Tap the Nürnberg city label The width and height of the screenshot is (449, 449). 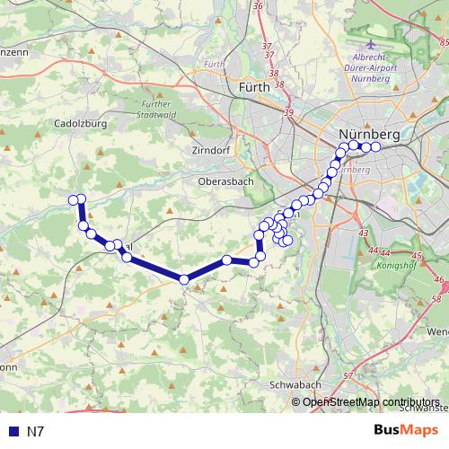368,135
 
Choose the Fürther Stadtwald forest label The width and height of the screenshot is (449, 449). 155,110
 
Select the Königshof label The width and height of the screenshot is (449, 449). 395,267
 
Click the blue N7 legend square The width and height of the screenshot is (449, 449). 11,432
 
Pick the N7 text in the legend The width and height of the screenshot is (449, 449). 35,432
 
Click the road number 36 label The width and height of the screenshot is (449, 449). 259,6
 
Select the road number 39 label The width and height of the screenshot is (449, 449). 287,112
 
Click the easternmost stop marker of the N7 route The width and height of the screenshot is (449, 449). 375,146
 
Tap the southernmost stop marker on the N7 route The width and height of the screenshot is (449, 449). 184,279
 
